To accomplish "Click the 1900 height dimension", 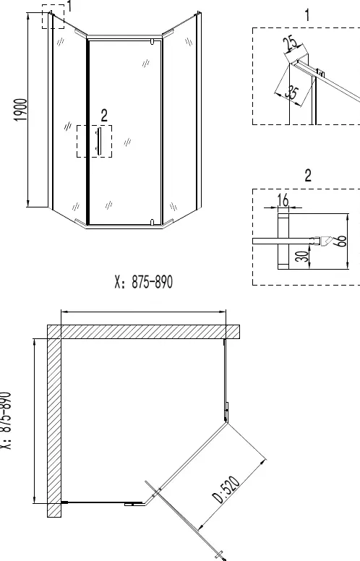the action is pos(21,110).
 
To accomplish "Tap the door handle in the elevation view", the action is pos(98,141).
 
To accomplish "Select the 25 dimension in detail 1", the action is pos(291,43).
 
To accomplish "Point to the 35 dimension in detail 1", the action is pos(292,93).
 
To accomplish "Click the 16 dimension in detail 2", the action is pos(283,200).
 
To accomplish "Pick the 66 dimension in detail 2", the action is pos(341,241).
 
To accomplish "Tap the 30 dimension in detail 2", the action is pos(304,256).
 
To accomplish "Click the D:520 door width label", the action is pos(226,489).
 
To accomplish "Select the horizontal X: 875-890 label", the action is pos(144,282).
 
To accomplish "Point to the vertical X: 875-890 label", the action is pos(5,421).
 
